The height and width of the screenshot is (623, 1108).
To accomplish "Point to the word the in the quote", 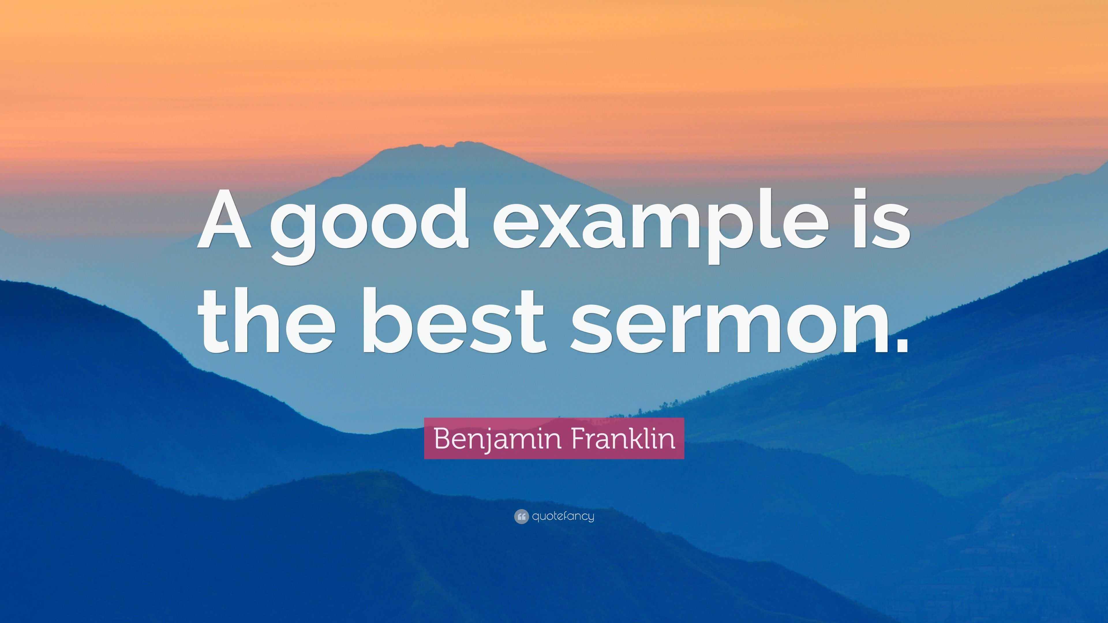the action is pyautogui.click(x=267, y=321).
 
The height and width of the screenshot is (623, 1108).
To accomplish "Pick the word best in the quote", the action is pyautogui.click(x=454, y=321).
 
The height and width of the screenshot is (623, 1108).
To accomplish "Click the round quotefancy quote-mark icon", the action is pyautogui.click(x=521, y=516).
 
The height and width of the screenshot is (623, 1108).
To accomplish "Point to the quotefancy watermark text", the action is pyautogui.click(x=563, y=516).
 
